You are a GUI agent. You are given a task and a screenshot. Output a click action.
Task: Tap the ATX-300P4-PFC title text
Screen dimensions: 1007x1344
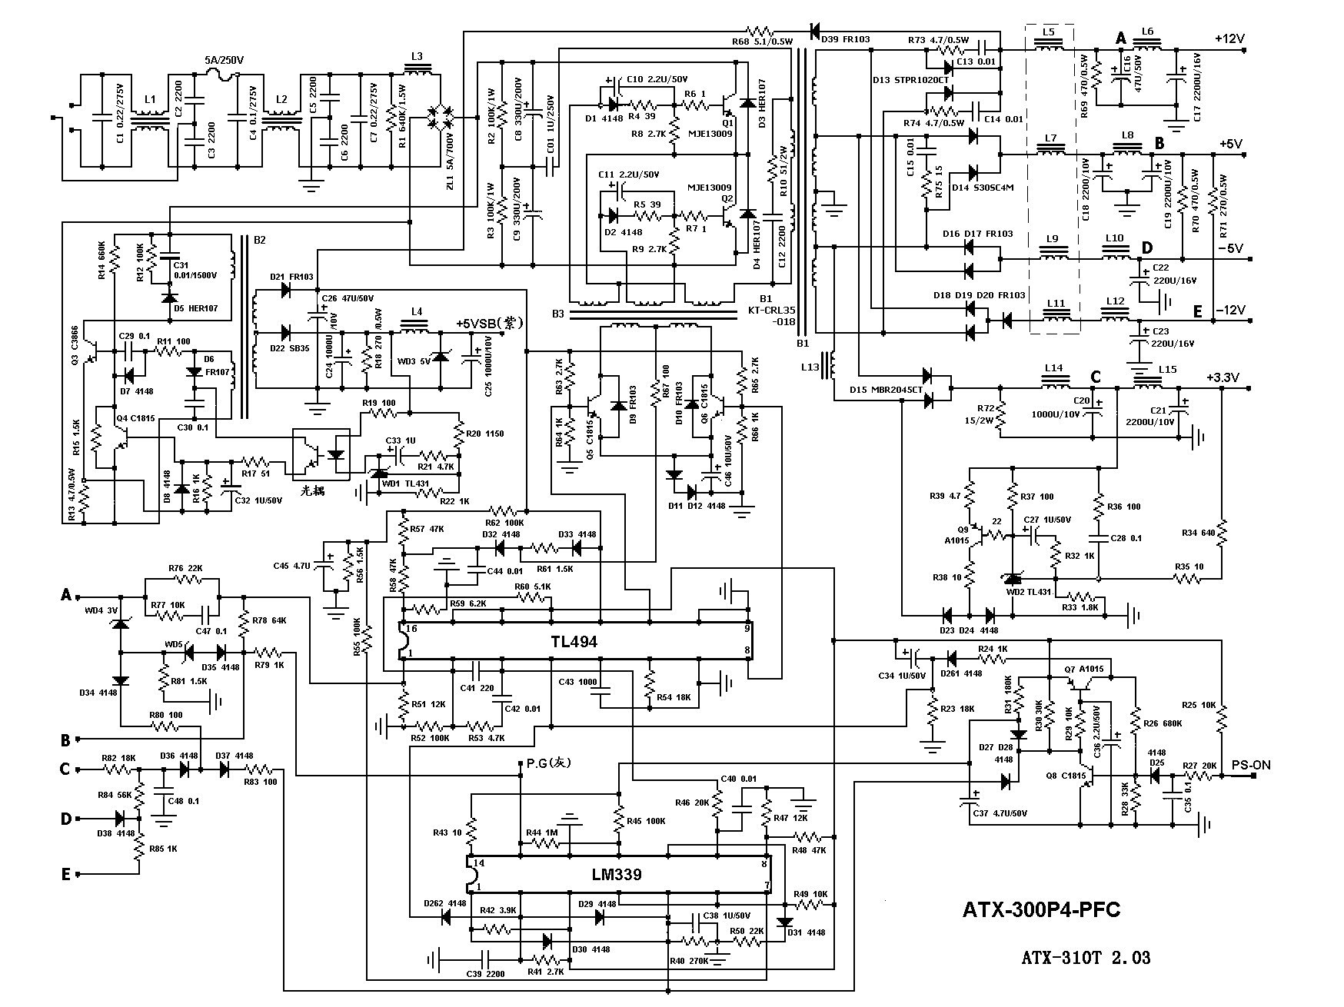click(1041, 910)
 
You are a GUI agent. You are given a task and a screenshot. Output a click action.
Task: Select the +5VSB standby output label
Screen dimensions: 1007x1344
click(489, 324)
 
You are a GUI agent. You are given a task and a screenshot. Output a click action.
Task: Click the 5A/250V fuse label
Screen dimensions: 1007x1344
click(223, 59)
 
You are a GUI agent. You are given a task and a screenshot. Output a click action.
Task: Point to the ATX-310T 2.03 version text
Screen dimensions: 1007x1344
click(1086, 958)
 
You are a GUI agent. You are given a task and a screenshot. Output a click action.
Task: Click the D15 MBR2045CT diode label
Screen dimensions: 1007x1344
click(886, 390)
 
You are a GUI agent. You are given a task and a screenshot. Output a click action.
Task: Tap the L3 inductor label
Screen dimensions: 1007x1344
click(417, 56)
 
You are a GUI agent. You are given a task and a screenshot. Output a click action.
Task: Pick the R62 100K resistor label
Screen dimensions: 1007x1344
click(505, 523)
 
